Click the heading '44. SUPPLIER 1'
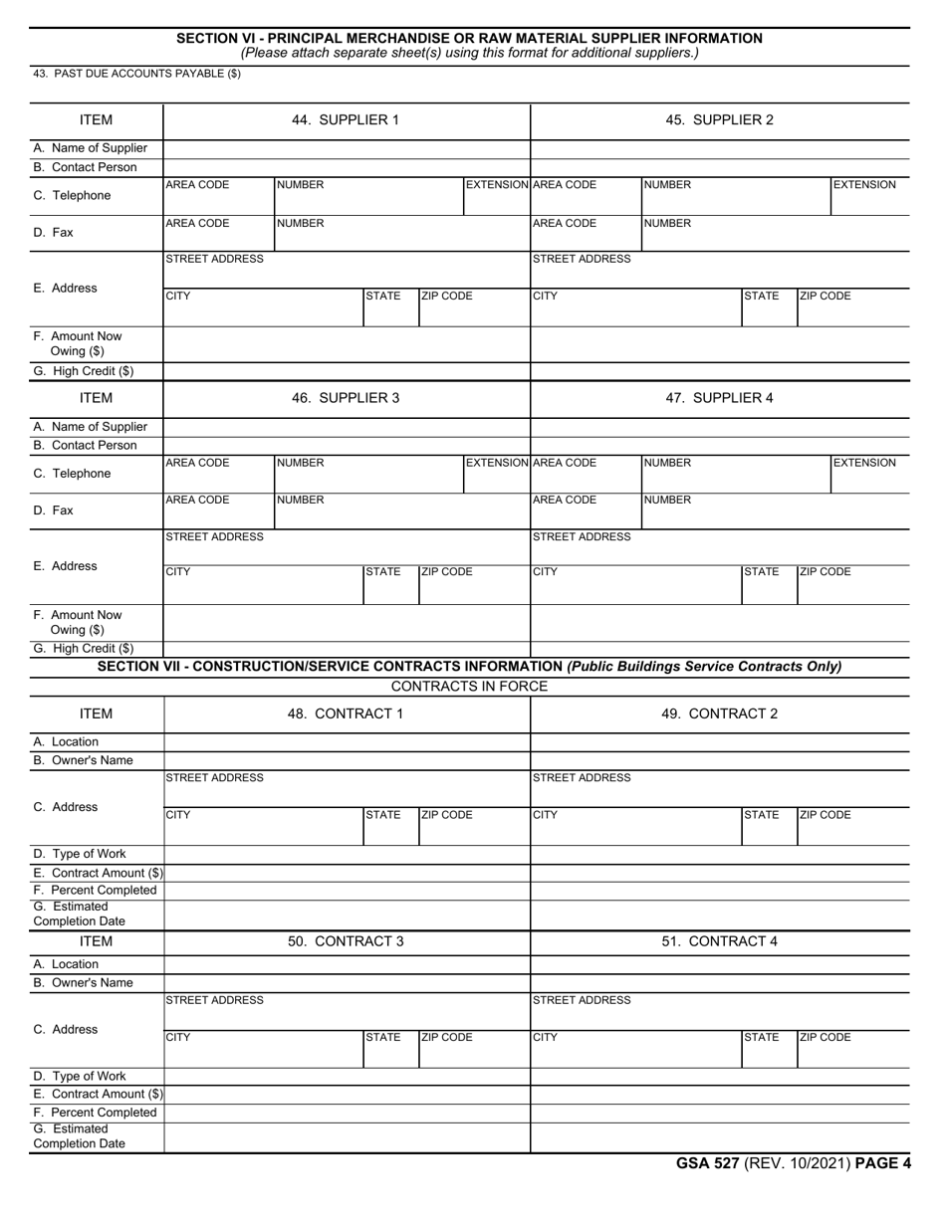[345, 120]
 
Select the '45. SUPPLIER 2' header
[719, 120]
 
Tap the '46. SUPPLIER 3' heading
[345, 398]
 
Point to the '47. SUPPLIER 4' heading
[719, 398]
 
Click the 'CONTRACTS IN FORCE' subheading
[469, 687]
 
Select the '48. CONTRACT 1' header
[345, 714]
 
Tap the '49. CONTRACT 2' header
[719, 714]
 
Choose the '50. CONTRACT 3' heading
[345, 940]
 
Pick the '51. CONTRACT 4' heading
[719, 940]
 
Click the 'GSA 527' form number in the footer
[708, 1163]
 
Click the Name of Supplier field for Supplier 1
[347, 149]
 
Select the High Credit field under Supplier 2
[720, 372]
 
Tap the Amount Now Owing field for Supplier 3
[347, 622]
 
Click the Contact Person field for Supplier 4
[720, 446]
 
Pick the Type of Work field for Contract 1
[347, 854]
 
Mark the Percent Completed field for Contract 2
[720, 891]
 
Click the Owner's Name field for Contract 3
[347, 983]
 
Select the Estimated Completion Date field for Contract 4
[720, 1136]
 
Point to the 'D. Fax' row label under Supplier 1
[55, 233]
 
